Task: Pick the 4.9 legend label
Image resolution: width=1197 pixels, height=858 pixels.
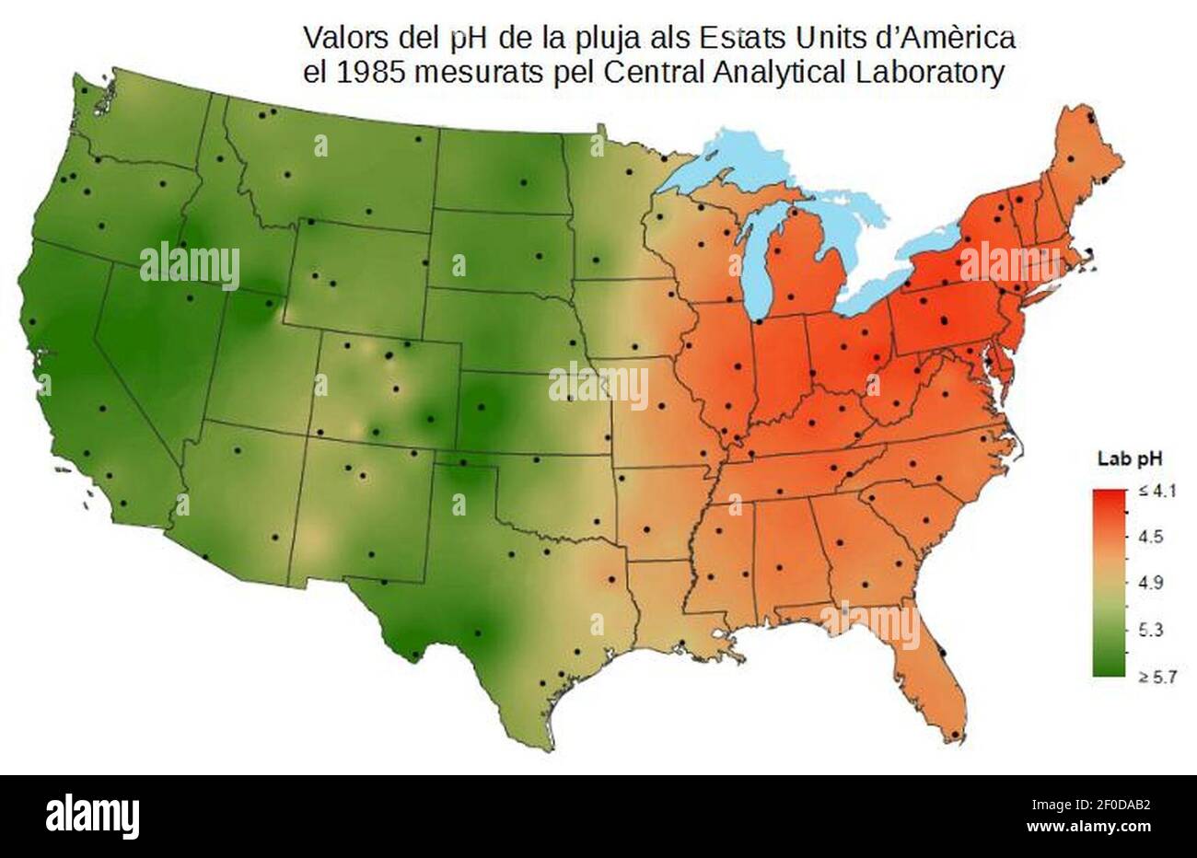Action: (1152, 583)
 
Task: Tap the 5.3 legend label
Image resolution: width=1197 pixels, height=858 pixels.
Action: (1152, 631)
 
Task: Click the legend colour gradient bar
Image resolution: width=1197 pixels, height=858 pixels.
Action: (1110, 584)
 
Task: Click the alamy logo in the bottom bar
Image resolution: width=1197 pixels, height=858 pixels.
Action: (93, 816)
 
